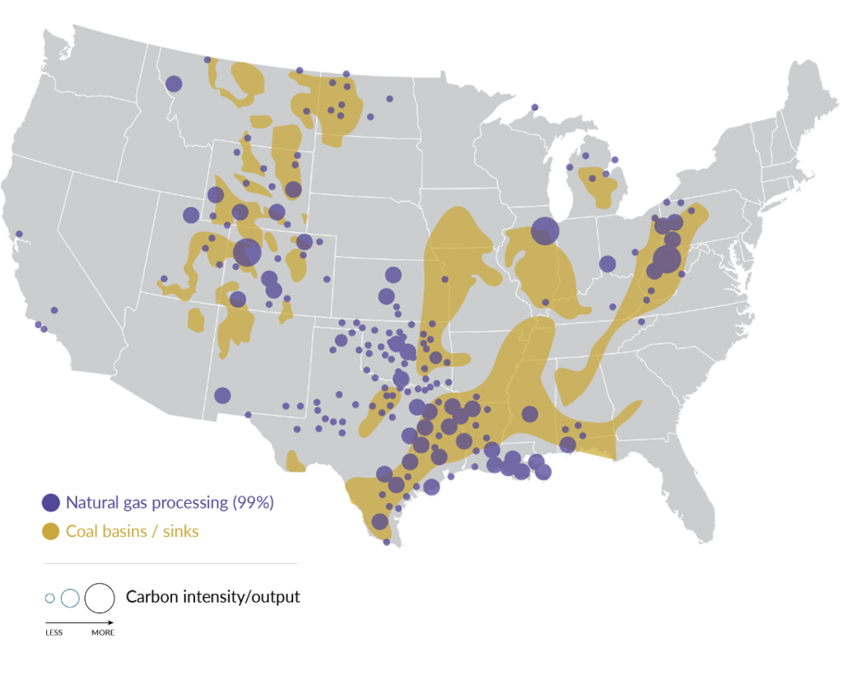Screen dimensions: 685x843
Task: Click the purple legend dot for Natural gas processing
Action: pos(51,502)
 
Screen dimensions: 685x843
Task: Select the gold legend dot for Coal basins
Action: pos(51,531)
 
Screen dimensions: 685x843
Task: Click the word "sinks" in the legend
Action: pos(180,531)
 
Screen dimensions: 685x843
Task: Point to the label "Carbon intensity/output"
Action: pos(212,597)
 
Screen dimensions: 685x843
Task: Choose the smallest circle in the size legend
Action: pos(49,599)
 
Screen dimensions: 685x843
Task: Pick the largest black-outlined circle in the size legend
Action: pos(100,598)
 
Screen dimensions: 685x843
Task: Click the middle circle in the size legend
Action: pos(70,599)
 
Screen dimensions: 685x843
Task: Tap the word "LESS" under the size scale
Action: pos(54,632)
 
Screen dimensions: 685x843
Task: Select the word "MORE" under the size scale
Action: pos(103,632)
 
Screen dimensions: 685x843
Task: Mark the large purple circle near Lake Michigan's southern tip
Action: pos(544,231)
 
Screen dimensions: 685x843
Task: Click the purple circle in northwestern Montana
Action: pos(174,83)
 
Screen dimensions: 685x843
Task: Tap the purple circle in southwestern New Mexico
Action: pos(222,395)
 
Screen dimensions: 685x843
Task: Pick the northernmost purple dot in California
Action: pos(19,234)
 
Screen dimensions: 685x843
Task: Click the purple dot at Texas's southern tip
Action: pos(386,542)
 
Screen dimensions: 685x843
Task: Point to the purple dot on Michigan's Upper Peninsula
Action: pos(534,107)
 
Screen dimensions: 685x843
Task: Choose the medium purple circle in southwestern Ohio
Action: pos(608,263)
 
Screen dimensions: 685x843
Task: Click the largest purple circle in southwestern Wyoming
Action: pos(247,253)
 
